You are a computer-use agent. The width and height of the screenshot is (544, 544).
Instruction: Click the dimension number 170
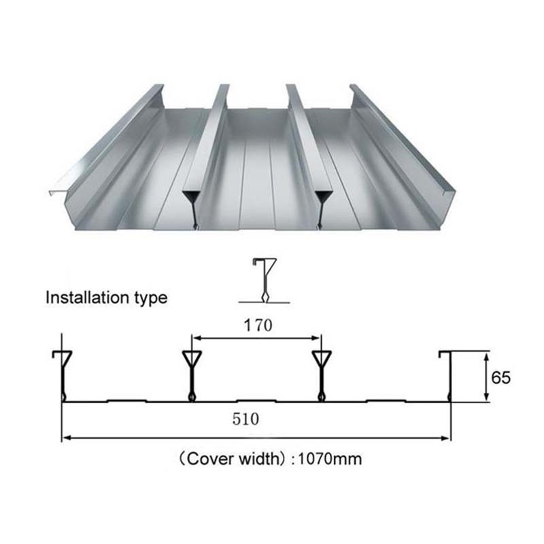[x=258, y=326]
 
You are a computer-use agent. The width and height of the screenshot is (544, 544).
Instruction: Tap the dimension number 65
[x=500, y=377]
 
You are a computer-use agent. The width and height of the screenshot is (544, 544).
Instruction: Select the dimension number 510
[x=245, y=419]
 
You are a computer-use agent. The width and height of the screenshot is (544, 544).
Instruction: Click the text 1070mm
[x=330, y=459]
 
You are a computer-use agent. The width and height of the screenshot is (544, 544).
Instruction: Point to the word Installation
[x=87, y=297]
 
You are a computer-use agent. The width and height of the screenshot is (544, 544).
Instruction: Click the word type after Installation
[x=151, y=299]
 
